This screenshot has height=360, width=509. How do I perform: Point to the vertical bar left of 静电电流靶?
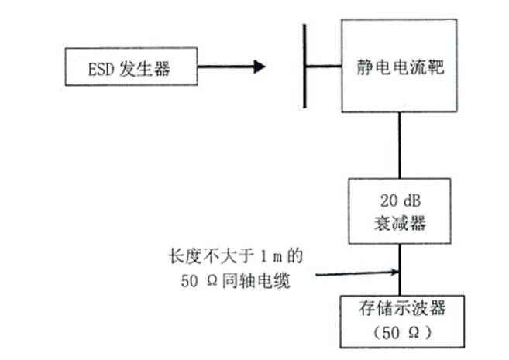305,67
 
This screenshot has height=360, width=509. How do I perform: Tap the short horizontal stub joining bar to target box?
324,67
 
